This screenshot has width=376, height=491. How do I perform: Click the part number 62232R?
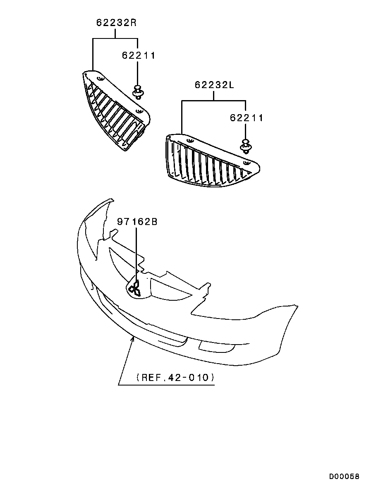pyautogui.click(x=117, y=23)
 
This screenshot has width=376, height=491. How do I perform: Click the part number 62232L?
pyautogui.click(x=214, y=85)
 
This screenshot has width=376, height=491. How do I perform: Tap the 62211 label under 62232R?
pyautogui.click(x=139, y=55)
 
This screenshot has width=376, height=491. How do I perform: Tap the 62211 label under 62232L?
pyautogui.click(x=247, y=118)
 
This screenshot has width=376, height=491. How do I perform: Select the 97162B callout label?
pyautogui.click(x=137, y=222)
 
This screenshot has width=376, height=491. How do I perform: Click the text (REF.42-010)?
pyautogui.click(x=175, y=377)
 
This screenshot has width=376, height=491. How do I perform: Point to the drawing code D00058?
pyautogui.click(x=344, y=477)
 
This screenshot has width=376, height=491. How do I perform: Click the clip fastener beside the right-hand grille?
pyautogui.click(x=137, y=91)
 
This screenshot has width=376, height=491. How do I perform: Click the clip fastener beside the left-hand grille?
pyautogui.click(x=245, y=146)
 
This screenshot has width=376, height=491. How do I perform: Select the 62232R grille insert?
pyautogui.click(x=116, y=110)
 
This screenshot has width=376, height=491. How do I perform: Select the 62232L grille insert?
pyautogui.click(x=212, y=160)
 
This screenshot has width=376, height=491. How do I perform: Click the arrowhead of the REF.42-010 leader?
pyautogui.click(x=133, y=338)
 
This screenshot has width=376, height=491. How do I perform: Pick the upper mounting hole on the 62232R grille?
pyautogui.click(x=100, y=78)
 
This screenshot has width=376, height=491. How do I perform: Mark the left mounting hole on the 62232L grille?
pyautogui.click(x=189, y=140)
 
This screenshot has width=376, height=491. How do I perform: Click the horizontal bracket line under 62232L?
pyautogui.click(x=213, y=101)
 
